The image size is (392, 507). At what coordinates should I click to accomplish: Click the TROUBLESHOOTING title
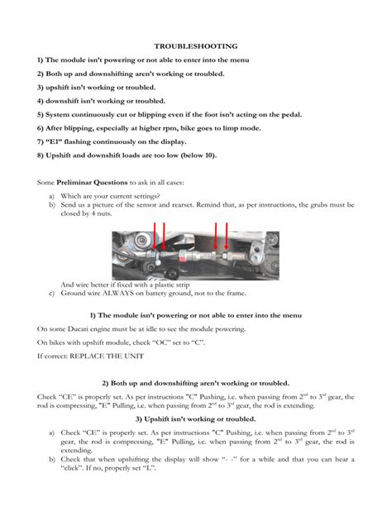pyautogui.click(x=195, y=46)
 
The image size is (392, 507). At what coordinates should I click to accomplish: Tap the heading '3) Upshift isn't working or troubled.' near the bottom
pyautogui.click(x=195, y=418)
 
